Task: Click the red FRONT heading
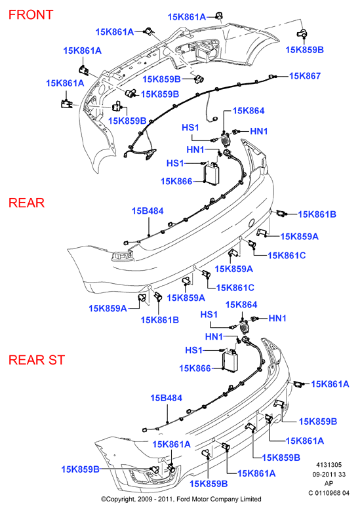point(31,14)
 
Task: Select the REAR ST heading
point(37,360)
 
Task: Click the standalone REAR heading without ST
point(26,203)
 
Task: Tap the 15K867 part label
point(305,76)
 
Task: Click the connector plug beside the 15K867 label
point(271,77)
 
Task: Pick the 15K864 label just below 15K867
point(249,111)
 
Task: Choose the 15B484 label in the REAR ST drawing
point(167,398)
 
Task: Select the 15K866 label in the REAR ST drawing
point(195,368)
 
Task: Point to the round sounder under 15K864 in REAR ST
point(244,326)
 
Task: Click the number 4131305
point(329,465)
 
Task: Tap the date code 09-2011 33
point(329,475)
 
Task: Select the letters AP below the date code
point(329,484)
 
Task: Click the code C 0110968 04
point(329,493)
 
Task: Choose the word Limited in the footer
point(250,500)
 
